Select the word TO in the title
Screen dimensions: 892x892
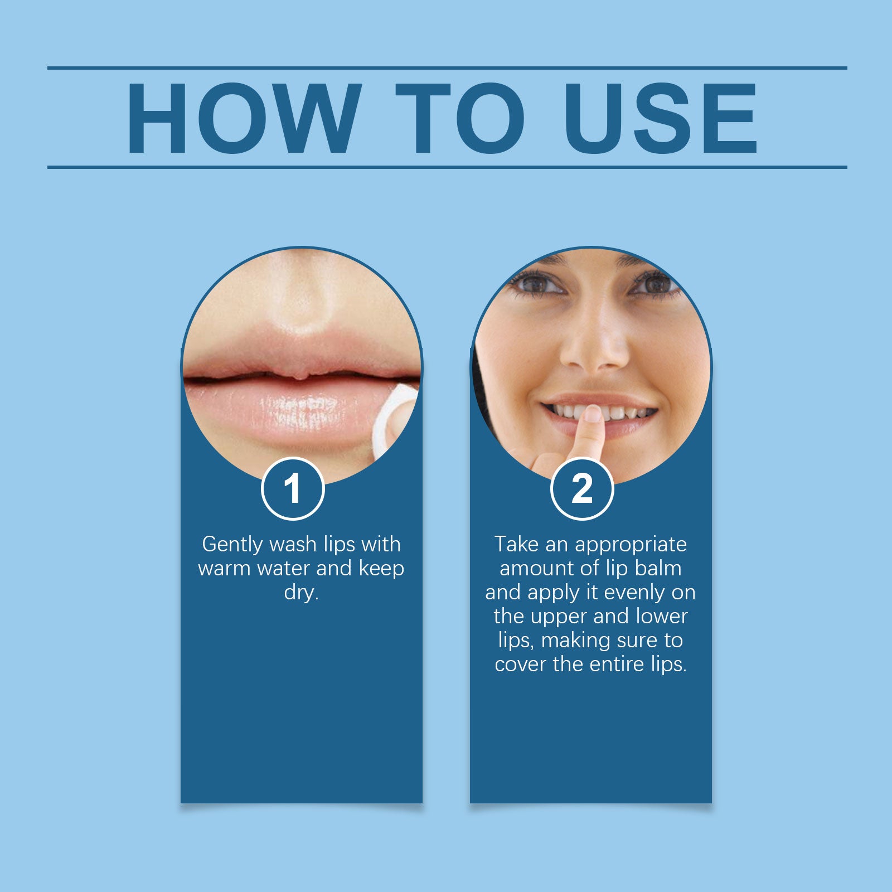coord(460,118)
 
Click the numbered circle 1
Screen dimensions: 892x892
coord(293,489)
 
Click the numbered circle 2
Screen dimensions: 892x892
coord(582,489)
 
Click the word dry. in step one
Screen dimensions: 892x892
coord(301,593)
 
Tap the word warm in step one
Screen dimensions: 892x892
coord(224,569)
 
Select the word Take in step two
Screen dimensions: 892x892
coord(517,544)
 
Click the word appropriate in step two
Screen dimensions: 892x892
coord(631,545)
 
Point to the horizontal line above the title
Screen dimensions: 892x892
coord(447,68)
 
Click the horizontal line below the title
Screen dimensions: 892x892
coord(447,167)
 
